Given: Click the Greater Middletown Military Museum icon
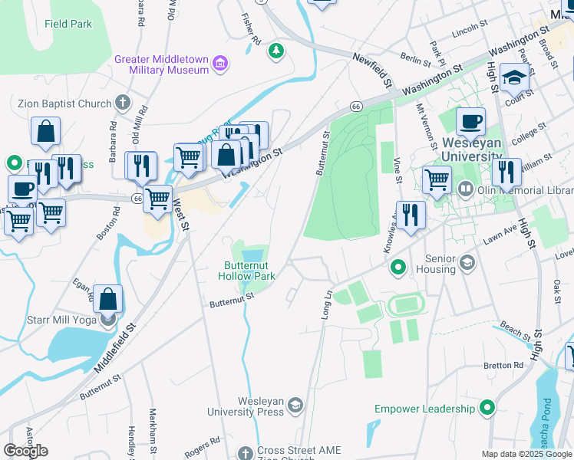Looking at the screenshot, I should click(220, 62).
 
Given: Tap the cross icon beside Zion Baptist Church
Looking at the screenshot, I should click(123, 102).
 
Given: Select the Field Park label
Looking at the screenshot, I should click(68, 24).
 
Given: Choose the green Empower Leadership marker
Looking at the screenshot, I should click(487, 408).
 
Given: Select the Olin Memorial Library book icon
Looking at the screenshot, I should click(465, 189).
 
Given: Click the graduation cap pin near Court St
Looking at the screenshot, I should click(514, 77).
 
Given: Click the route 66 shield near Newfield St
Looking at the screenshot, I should click(356, 106).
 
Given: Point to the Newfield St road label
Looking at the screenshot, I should click(373, 70).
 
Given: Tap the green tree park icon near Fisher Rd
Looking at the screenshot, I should click(275, 51).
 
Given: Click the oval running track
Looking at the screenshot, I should click(405, 306).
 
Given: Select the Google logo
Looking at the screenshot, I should click(25, 451).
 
